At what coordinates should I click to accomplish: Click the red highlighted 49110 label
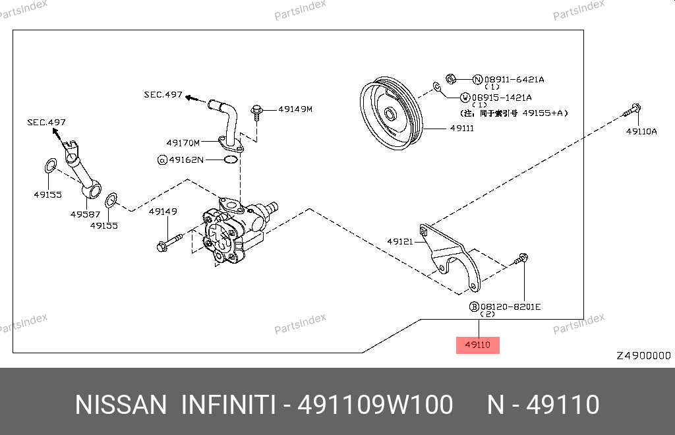tap(477, 344)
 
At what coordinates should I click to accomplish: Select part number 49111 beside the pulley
tap(461, 129)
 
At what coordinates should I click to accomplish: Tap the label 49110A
tap(641, 131)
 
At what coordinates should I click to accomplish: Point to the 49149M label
tap(295, 109)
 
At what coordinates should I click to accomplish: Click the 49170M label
tap(183, 142)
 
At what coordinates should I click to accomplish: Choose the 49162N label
tap(187, 159)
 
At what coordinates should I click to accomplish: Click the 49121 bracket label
tap(400, 242)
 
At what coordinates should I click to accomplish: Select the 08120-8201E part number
tap(510, 306)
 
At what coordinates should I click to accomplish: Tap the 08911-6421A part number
tap(514, 80)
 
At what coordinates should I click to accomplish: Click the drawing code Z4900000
tap(643, 356)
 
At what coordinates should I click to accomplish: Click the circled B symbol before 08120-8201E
tap(473, 306)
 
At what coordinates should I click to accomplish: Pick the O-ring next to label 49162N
tap(231, 159)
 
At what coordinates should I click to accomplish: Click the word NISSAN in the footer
tap(121, 405)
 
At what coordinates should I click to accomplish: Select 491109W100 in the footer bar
tap(375, 405)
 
